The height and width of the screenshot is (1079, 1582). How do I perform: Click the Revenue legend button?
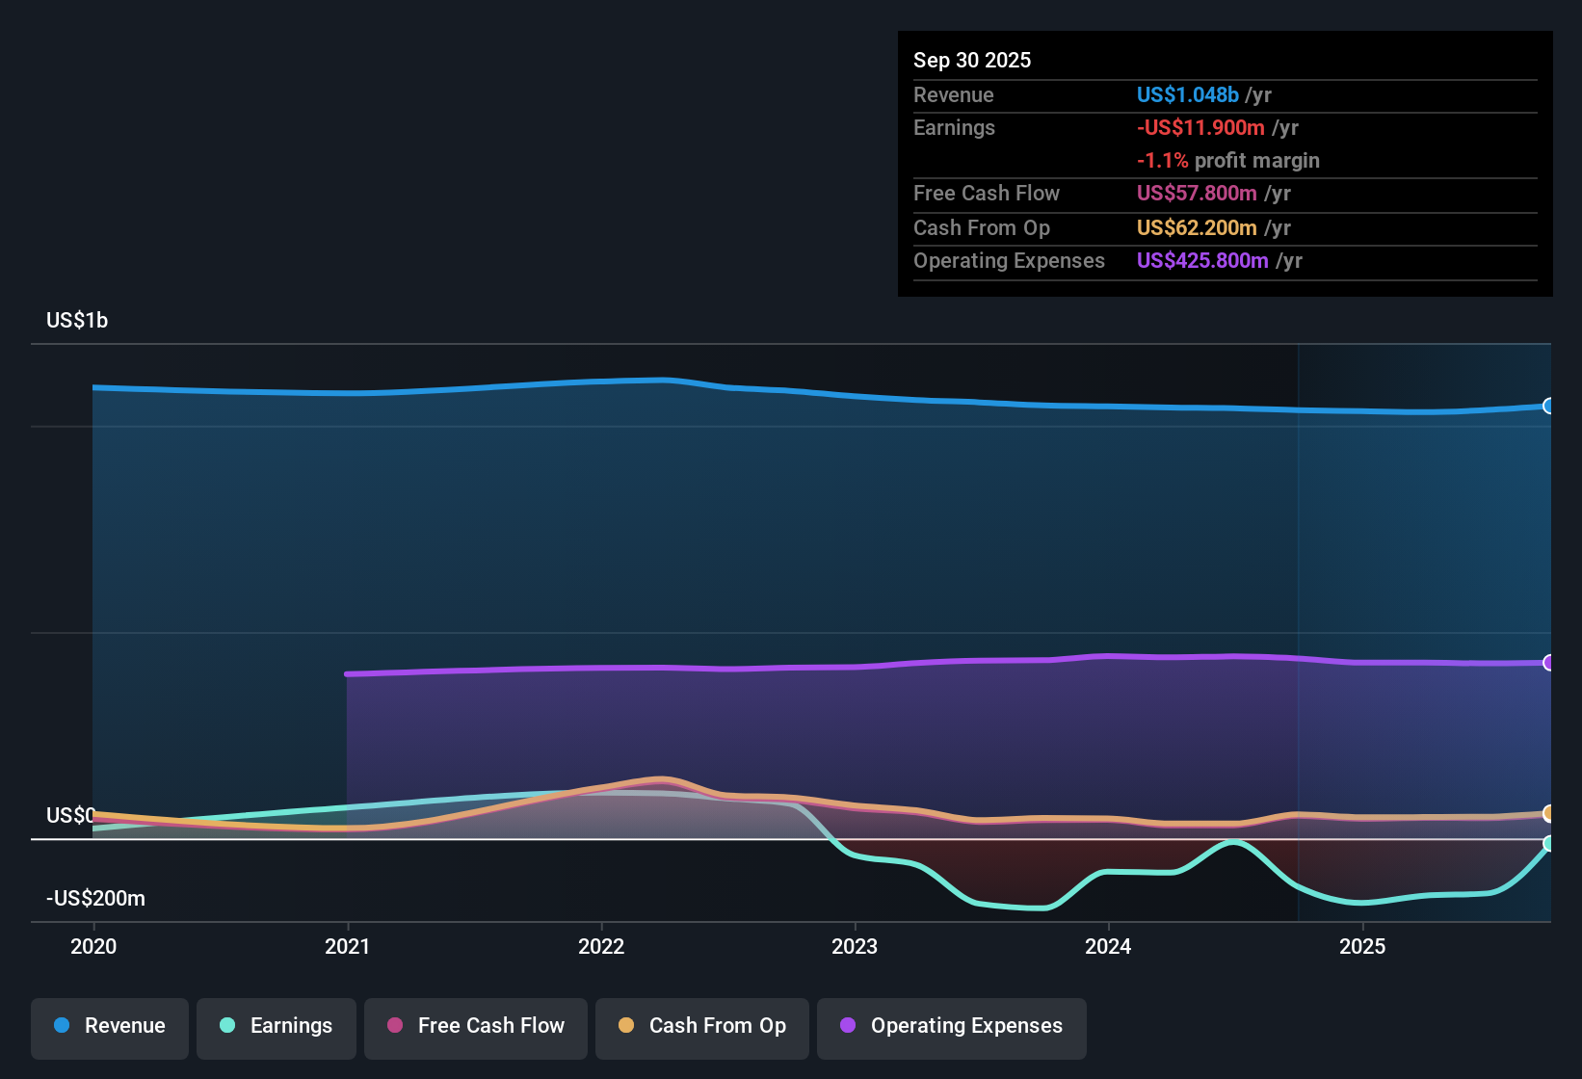pos(110,1026)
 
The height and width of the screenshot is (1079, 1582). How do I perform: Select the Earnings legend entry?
pos(277,1026)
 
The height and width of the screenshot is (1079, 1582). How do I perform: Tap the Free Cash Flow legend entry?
pos(476,1026)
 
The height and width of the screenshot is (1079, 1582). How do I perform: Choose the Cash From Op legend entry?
pos(702,1026)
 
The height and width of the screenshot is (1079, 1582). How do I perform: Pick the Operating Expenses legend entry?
pos(952,1026)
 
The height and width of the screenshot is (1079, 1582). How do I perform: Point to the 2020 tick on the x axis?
pos(93,946)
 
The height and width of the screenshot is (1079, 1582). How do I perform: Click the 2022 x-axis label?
pos(601,946)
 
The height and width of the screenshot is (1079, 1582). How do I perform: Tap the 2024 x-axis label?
pos(1108,946)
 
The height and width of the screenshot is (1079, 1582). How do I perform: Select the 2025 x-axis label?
pos(1362,946)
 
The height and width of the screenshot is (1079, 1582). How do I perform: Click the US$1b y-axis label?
pos(77,321)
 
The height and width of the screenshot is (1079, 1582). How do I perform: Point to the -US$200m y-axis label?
pos(95,899)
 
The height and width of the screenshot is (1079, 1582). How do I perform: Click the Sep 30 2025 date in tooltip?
pos(972,61)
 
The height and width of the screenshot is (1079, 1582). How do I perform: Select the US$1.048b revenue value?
pos(1187,95)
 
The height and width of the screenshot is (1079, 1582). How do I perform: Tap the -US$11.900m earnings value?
pos(1200,128)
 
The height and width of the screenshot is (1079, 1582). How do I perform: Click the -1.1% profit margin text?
pos(1228,161)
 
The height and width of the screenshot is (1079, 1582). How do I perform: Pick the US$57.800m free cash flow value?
pos(1197,194)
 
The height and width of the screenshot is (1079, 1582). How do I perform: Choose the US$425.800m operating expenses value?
pos(1202,261)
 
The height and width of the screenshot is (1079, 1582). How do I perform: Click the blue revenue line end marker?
pos(1548,407)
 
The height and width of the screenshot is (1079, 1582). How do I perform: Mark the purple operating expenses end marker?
pos(1548,663)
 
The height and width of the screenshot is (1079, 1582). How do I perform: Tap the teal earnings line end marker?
pos(1548,844)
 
